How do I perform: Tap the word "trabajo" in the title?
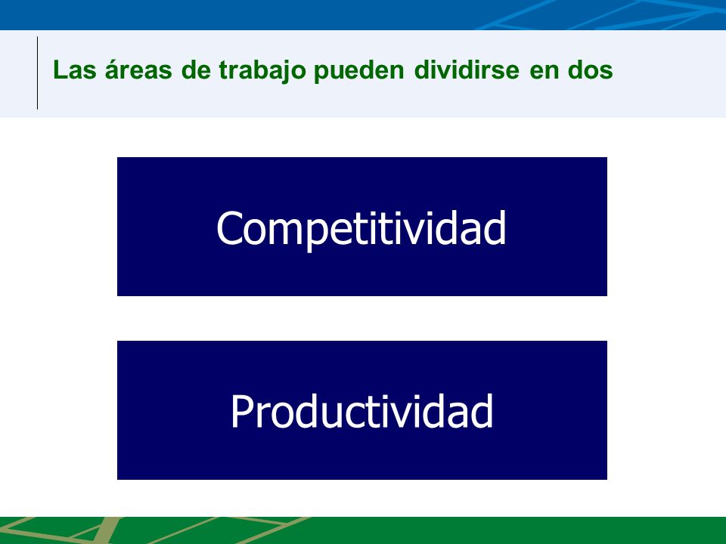262,71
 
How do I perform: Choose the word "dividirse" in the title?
467,70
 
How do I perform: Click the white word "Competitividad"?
361,228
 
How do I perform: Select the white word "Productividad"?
362,411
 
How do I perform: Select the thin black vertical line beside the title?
38,73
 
